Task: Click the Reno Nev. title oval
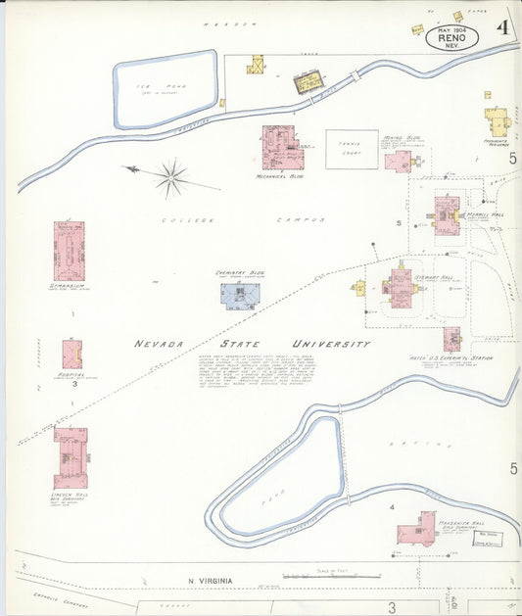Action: [452, 38]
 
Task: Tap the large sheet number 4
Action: [501, 26]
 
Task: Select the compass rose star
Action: [170, 177]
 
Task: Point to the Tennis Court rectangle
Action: [351, 151]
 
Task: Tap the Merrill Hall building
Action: [447, 215]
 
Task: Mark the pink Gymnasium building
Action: [69, 251]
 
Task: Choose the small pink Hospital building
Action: [71, 354]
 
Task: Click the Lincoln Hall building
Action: [71, 456]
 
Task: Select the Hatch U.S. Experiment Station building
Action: [451, 339]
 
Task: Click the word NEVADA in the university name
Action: [163, 345]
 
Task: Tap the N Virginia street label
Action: [211, 581]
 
